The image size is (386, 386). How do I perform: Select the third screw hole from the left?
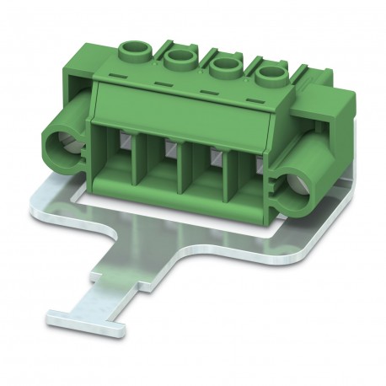[x=225, y=67]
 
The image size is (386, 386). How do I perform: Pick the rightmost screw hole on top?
[x=270, y=77]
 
